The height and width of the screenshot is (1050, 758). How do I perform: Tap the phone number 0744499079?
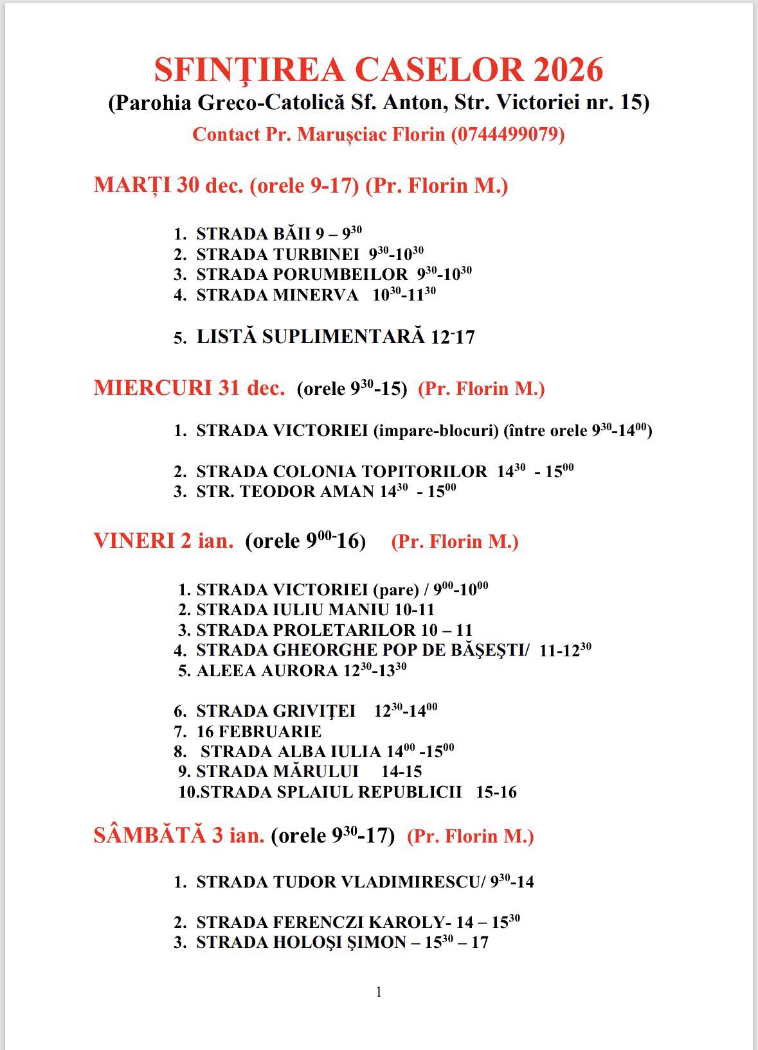coord(508,134)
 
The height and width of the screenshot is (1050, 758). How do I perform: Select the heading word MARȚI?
coord(132,186)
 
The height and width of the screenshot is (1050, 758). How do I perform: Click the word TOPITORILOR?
coord(424,472)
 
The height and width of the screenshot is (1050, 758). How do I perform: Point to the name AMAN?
coord(352,492)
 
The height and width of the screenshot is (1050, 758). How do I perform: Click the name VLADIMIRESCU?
coord(415,882)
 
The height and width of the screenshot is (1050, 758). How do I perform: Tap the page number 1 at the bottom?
coord(379,992)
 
